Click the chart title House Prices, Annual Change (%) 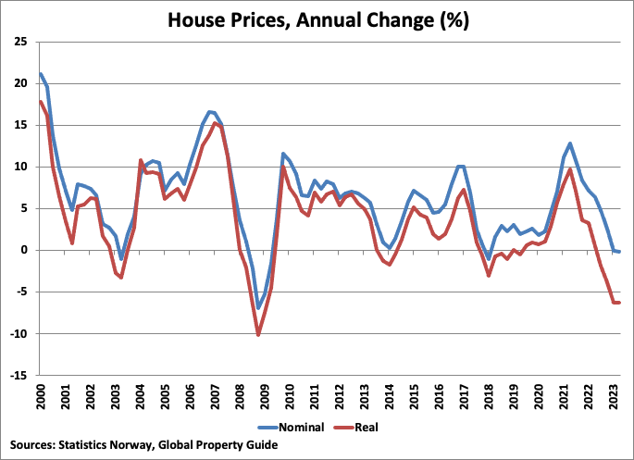click(x=317, y=19)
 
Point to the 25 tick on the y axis click(x=20, y=42)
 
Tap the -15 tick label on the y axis click(x=19, y=375)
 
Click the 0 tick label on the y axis click(x=24, y=250)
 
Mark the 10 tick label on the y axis click(x=20, y=167)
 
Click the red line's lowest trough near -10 click(x=258, y=334)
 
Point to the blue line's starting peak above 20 click(x=41, y=73)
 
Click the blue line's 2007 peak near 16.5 click(x=210, y=111)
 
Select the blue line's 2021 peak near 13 click(x=570, y=143)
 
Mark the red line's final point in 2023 click(x=618, y=303)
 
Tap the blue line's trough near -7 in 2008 click(x=259, y=308)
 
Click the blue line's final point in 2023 click(x=618, y=252)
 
